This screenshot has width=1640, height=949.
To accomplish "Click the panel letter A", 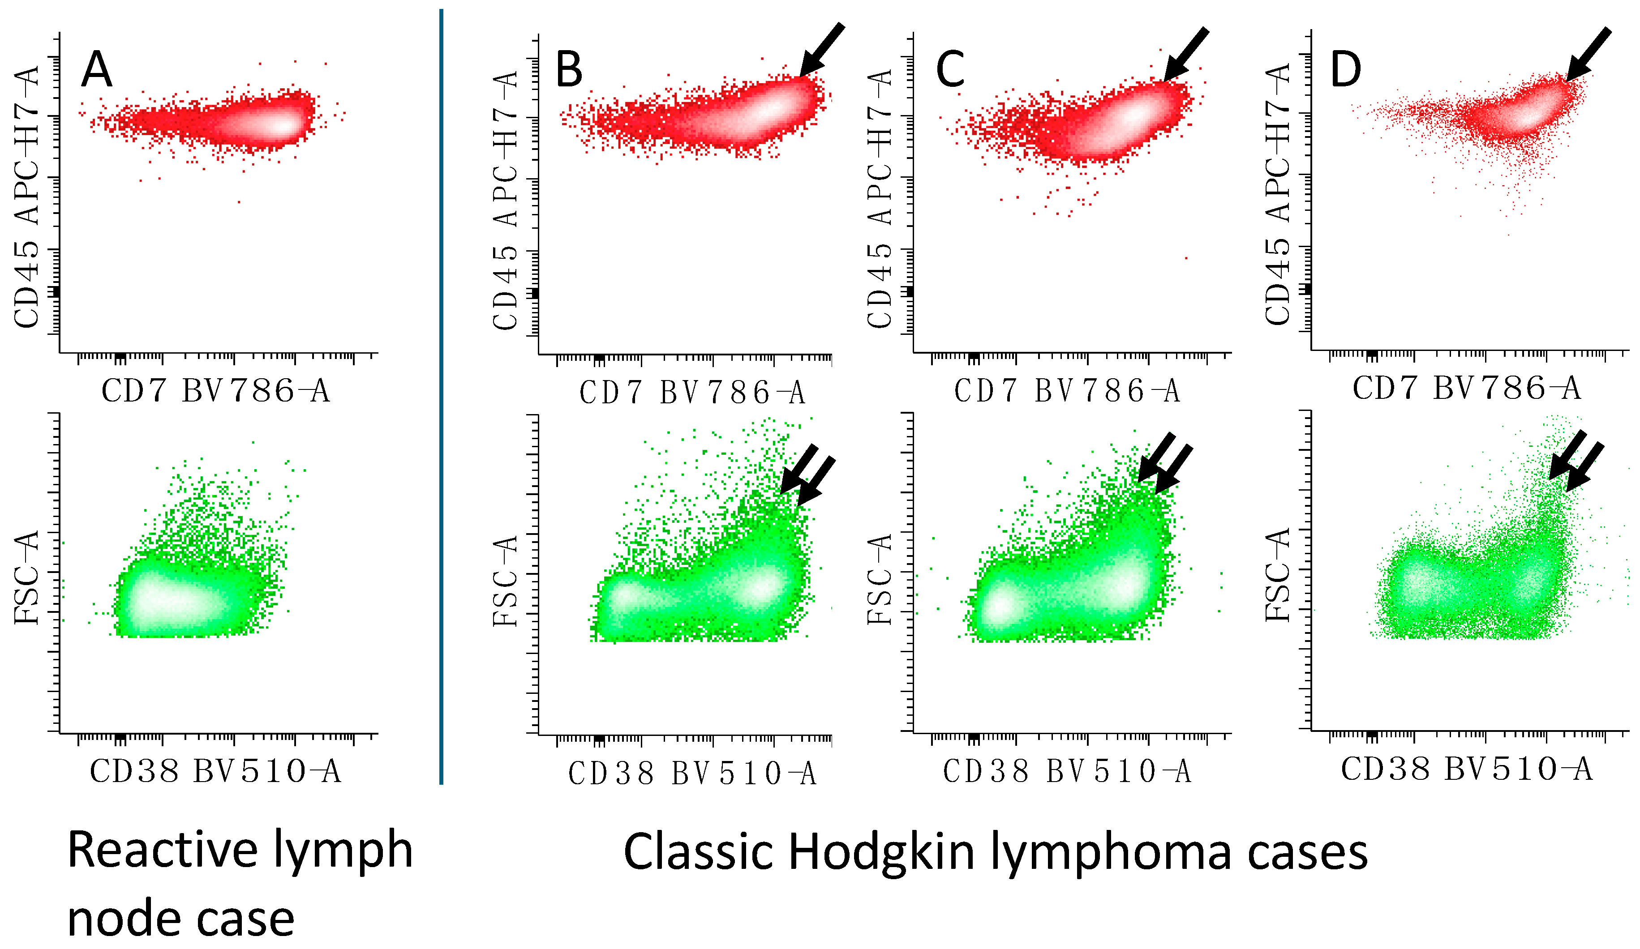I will tap(96, 70).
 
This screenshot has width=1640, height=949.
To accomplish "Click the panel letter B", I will tap(568, 70).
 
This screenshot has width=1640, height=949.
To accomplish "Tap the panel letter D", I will tap(1345, 69).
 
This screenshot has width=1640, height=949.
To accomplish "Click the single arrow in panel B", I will tap(821, 50).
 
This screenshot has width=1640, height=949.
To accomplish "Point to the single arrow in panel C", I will tap(1186, 54).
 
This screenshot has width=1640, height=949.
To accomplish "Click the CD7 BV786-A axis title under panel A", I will tap(215, 391).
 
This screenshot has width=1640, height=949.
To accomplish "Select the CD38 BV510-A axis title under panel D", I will tap(1466, 769).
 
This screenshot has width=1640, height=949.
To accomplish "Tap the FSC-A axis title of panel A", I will tap(27, 577).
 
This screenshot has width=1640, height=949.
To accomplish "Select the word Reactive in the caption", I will tap(163, 850).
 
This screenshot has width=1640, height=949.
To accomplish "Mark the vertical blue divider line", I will tap(441, 397).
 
